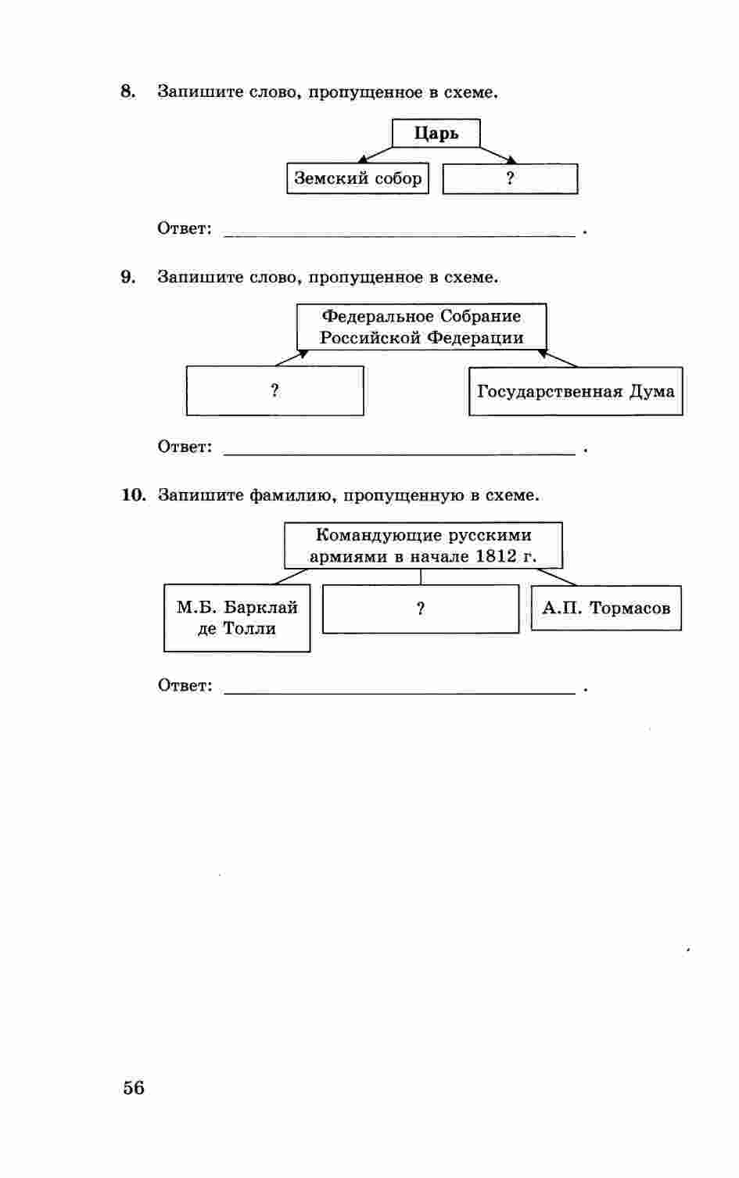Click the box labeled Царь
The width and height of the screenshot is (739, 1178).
pyautogui.click(x=436, y=133)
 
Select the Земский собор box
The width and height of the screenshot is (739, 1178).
pyautogui.click(x=357, y=178)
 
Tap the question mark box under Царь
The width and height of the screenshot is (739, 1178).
pyautogui.click(x=510, y=178)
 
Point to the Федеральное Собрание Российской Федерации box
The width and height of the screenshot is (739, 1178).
pyautogui.click(x=422, y=327)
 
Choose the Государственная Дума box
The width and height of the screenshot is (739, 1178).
pyautogui.click(x=576, y=391)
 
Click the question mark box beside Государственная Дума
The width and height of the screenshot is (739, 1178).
pyautogui.click(x=274, y=391)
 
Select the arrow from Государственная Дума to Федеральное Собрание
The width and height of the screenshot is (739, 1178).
pyautogui.click(x=558, y=359)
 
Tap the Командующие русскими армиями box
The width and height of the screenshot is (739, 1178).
pyautogui.click(x=423, y=545)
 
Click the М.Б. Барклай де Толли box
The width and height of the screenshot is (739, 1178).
pyautogui.click(x=237, y=618)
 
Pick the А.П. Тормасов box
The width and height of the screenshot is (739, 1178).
pyautogui.click(x=606, y=608)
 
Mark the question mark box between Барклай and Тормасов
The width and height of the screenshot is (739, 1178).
pyautogui.click(x=421, y=609)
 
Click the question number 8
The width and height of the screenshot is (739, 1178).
pyautogui.click(x=127, y=92)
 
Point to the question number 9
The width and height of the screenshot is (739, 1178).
pyautogui.click(x=127, y=277)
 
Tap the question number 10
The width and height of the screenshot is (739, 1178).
pyautogui.click(x=133, y=495)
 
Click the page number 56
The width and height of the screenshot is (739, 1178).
pyautogui.click(x=134, y=1087)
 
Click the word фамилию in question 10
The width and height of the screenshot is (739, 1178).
pyautogui.click(x=293, y=496)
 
